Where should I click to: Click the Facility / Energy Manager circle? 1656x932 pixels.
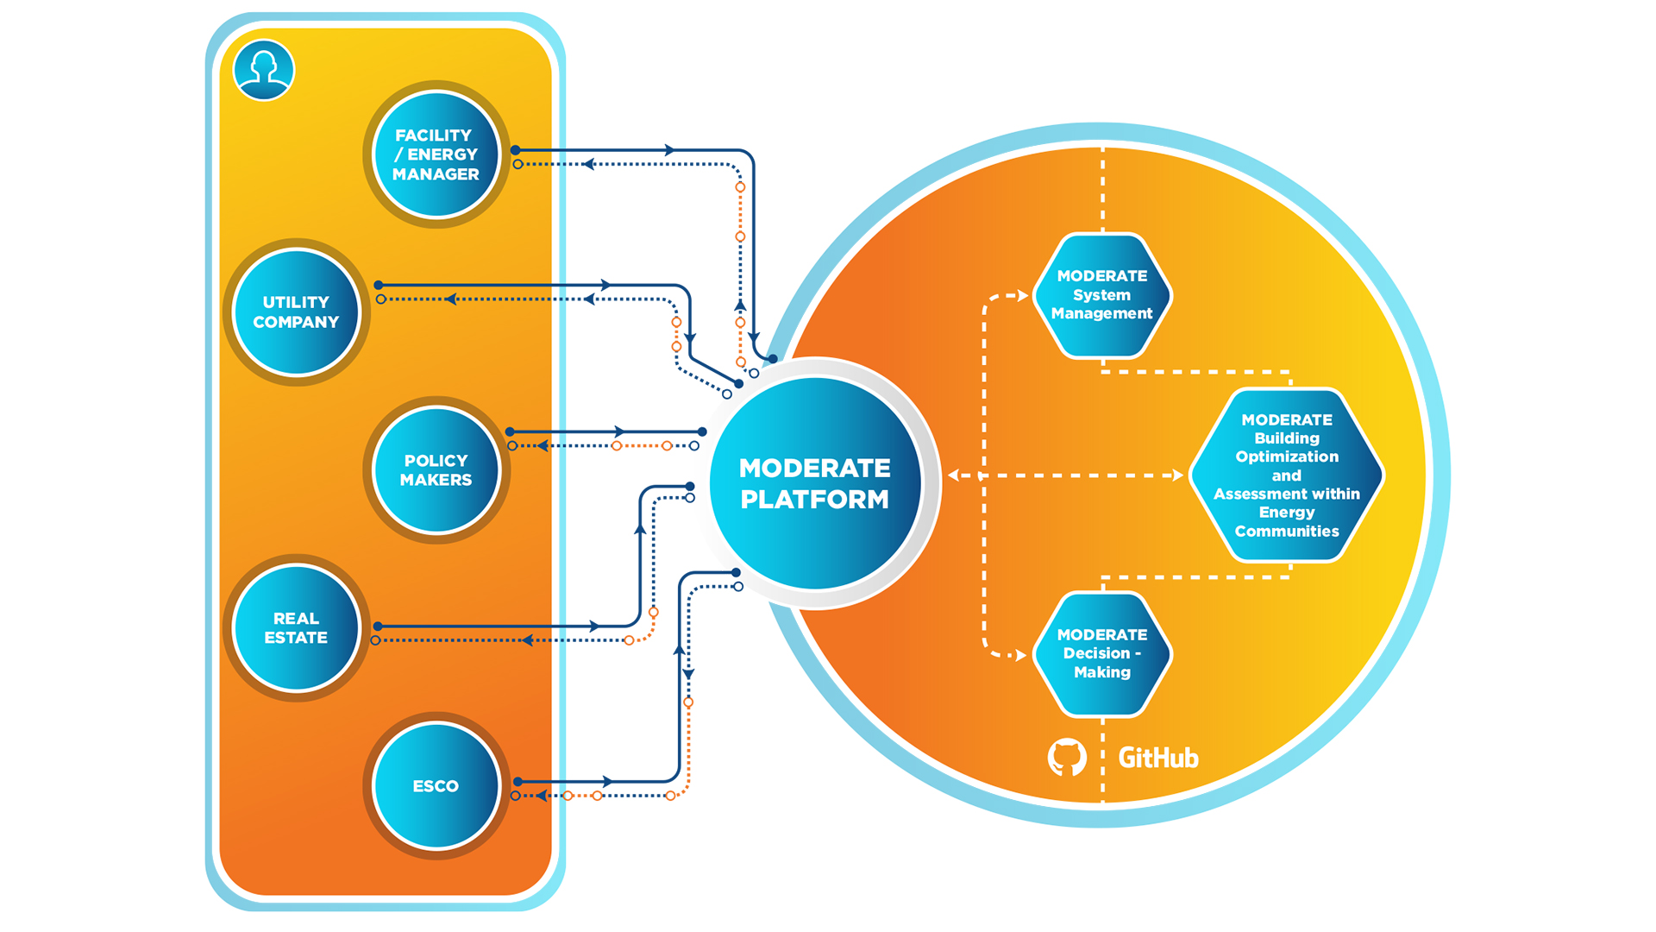tap(436, 154)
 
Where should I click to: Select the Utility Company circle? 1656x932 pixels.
tap(296, 312)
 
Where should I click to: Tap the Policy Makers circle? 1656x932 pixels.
tap(436, 469)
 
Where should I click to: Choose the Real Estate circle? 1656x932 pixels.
tap(296, 627)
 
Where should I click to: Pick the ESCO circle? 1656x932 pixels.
tap(436, 785)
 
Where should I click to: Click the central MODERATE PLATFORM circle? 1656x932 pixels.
tap(815, 482)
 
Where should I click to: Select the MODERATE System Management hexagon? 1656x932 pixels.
tap(1101, 295)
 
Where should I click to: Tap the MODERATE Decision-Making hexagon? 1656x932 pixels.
tap(1101, 653)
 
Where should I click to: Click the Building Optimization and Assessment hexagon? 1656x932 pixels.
tap(1286, 475)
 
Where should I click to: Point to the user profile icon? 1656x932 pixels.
tap(264, 70)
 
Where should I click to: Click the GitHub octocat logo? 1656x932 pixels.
tap(1067, 758)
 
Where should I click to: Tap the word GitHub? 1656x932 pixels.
tap(1158, 758)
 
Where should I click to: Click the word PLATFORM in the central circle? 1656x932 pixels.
tap(814, 500)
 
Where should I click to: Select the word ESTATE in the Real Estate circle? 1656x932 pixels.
tap(296, 638)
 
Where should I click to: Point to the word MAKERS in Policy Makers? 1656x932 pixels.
tap(436, 480)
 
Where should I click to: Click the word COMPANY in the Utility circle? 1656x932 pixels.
tap(296, 322)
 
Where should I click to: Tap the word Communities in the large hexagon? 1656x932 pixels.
tap(1286, 532)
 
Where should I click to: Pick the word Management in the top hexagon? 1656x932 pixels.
tap(1101, 314)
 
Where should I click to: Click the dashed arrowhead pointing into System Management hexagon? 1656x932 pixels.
tap(1023, 296)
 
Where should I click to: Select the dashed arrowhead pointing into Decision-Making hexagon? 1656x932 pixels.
tap(1021, 656)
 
